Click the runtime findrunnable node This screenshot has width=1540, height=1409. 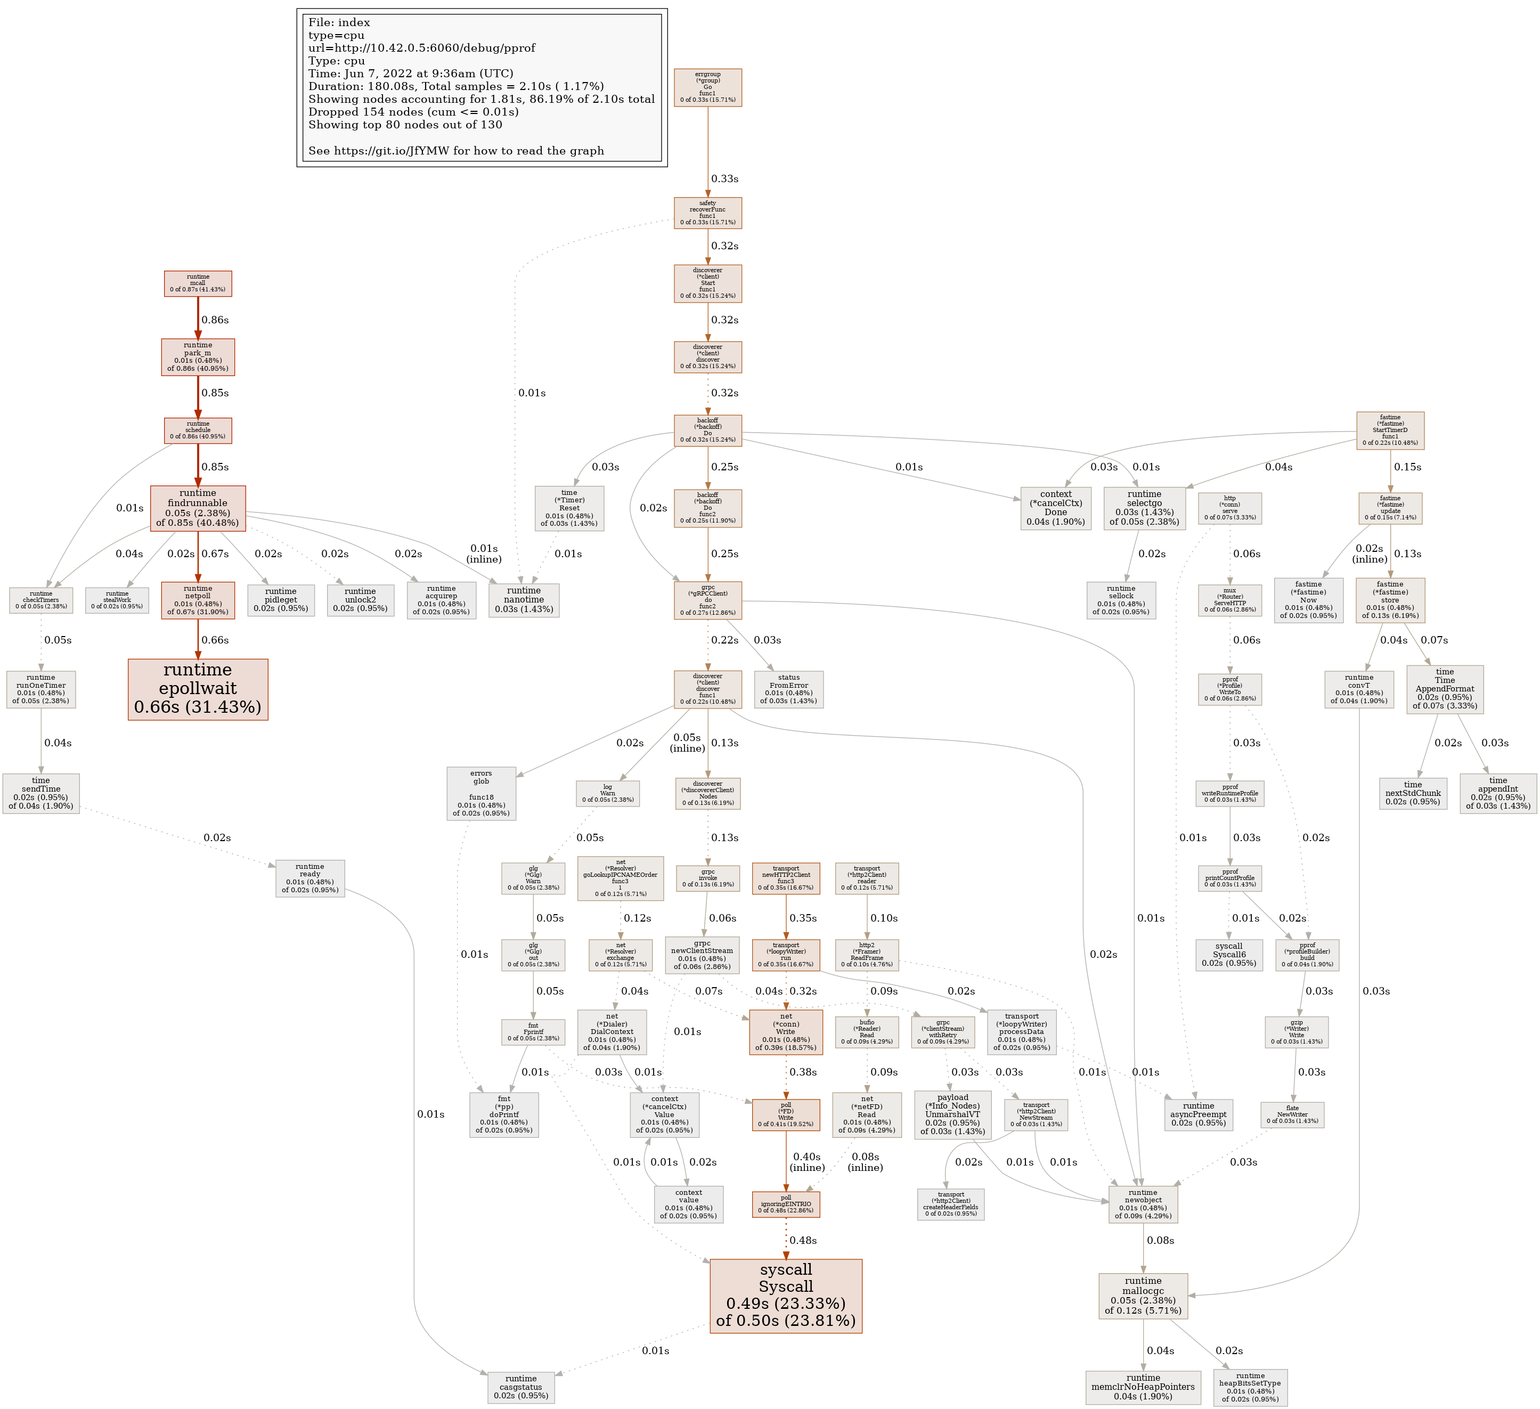pyautogui.click(x=198, y=508)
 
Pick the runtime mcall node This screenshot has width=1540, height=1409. pyautogui.click(x=198, y=283)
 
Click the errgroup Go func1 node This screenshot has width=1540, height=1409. pyautogui.click(x=707, y=87)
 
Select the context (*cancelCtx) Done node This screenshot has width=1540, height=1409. pyautogui.click(x=1056, y=508)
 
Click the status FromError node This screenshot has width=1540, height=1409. pyautogui.click(x=788, y=688)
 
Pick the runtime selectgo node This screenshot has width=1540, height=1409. pyautogui.click(x=1144, y=508)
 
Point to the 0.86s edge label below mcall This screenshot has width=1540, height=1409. pyautogui.click(x=215, y=320)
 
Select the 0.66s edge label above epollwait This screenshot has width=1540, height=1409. pyautogui.click(x=215, y=640)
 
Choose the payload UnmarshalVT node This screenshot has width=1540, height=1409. pyautogui.click(x=952, y=1113)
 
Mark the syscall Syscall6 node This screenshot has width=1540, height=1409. pyautogui.click(x=1228, y=955)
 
